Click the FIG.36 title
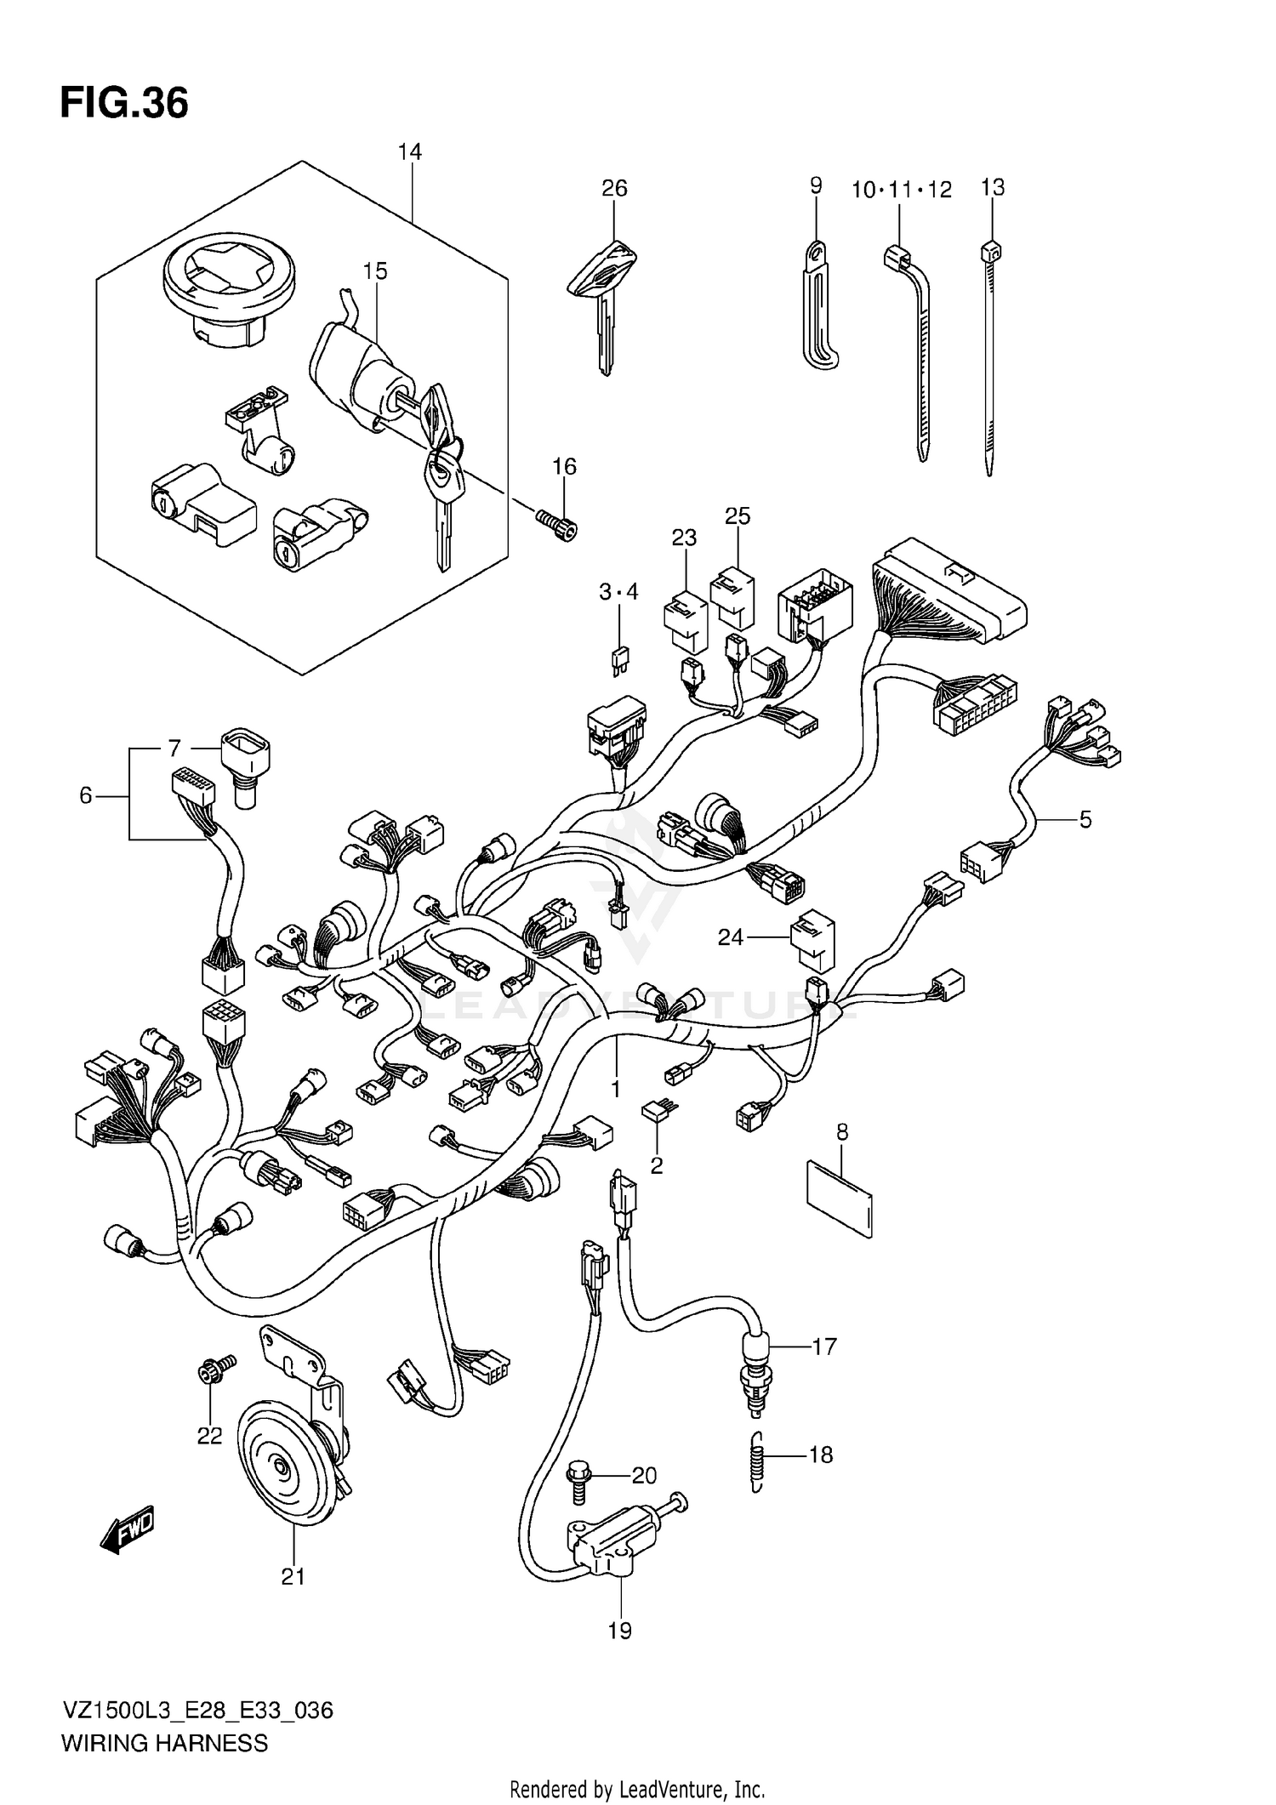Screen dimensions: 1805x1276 click(124, 103)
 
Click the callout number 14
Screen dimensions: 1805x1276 click(409, 151)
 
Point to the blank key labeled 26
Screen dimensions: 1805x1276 click(603, 298)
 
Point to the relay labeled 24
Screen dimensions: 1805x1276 click(812, 940)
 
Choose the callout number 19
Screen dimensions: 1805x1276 click(620, 1631)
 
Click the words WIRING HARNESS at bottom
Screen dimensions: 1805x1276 click(164, 1743)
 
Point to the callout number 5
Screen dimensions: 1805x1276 click(1085, 819)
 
